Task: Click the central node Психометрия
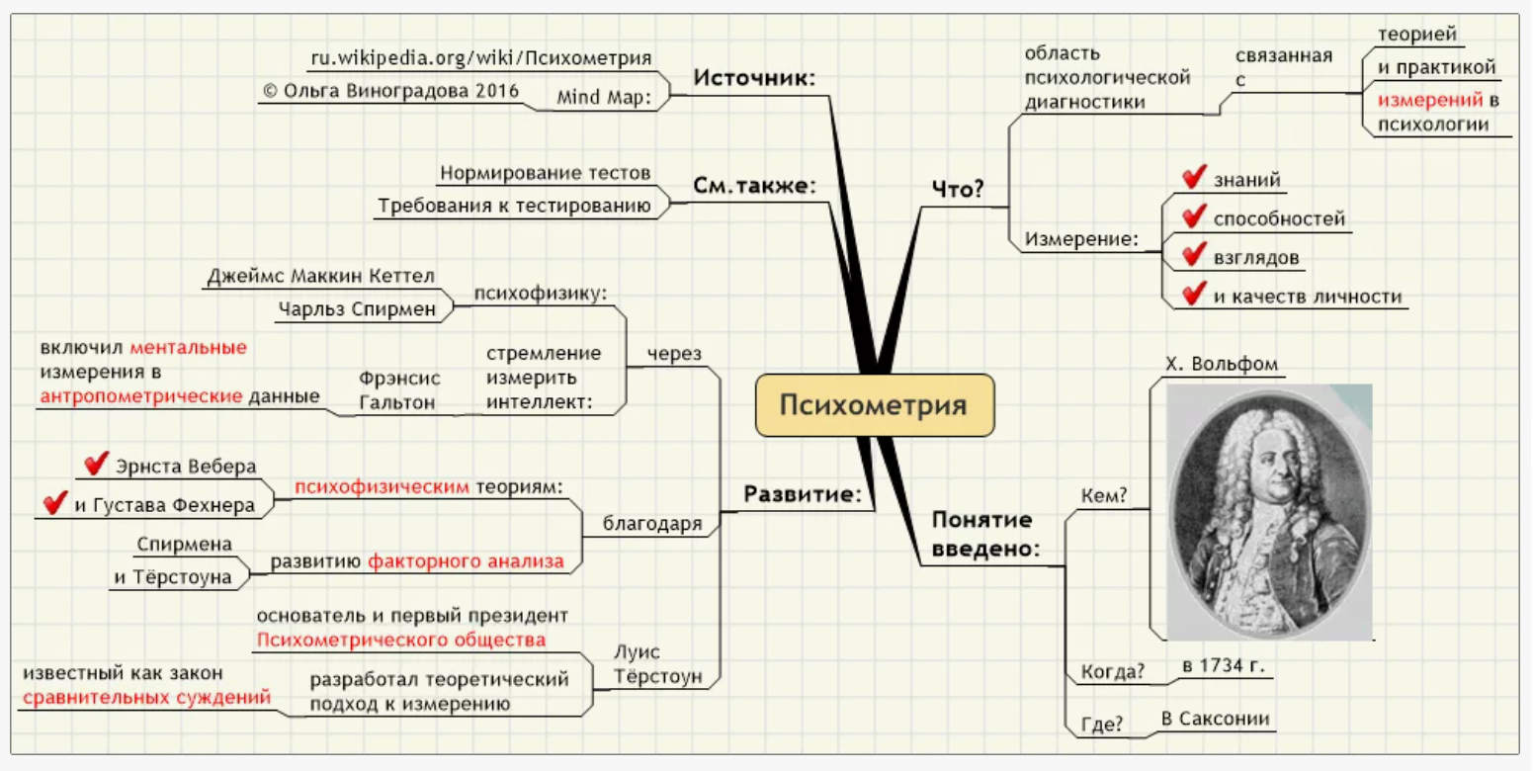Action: coord(874,404)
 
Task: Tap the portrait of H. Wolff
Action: coord(1269,511)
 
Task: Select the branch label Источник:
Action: coord(754,78)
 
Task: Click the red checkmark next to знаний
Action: coord(1194,178)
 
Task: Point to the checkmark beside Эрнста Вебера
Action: coord(96,464)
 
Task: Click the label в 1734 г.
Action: coord(1223,665)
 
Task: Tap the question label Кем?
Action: coord(1104,496)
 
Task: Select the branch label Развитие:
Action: coord(802,494)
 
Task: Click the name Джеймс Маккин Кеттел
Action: coord(320,276)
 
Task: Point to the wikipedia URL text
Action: coord(481,57)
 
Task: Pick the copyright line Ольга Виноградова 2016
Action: coord(390,91)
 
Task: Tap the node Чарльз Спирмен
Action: coord(357,308)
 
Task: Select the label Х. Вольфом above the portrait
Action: coord(1222,364)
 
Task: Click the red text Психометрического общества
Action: coord(400,640)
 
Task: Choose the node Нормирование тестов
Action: coord(546,173)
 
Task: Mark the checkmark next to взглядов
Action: coord(1194,255)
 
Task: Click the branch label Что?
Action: coord(958,189)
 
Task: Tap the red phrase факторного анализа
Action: coord(466,561)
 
